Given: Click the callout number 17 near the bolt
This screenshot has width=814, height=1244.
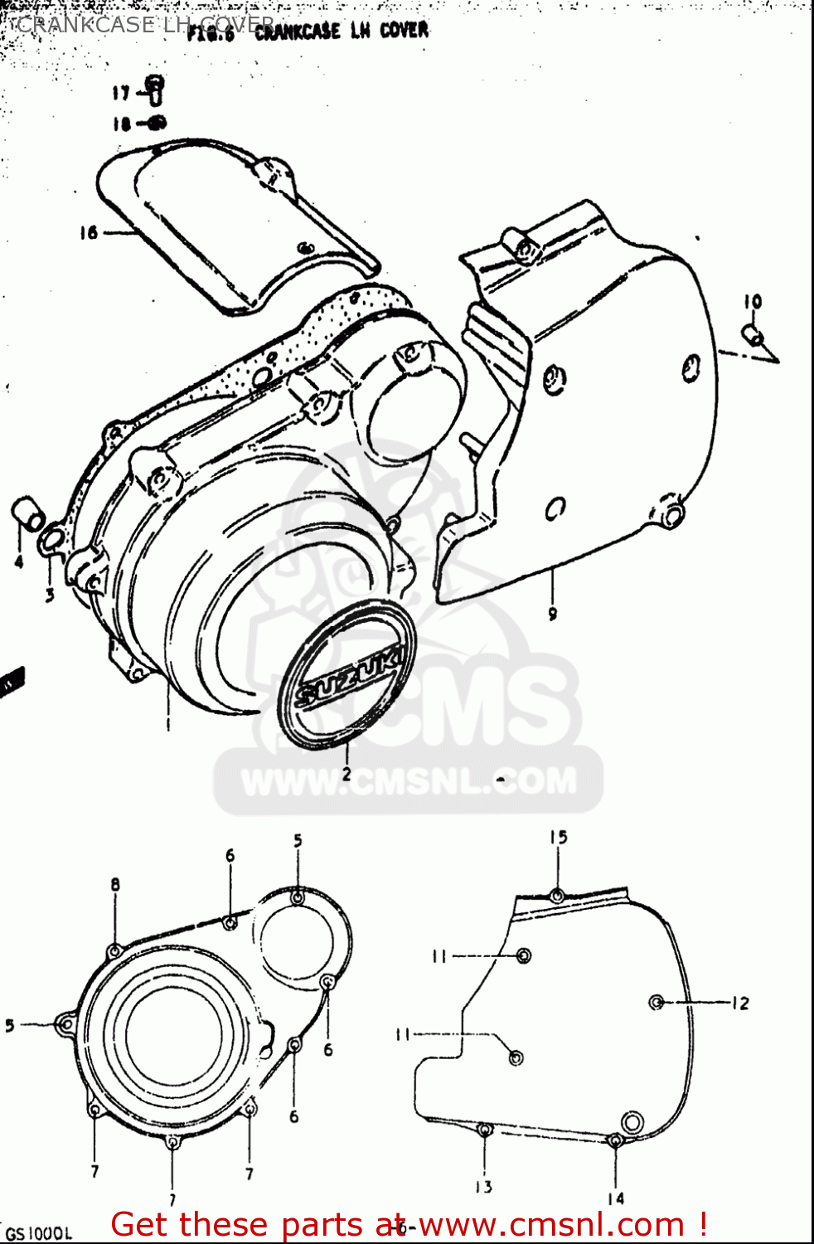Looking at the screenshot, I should pos(121,93).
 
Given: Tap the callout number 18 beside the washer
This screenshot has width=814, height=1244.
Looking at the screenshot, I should pos(121,124).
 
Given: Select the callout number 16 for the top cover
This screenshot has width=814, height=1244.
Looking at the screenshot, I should pos(89,233).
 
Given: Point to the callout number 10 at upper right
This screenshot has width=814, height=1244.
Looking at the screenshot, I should pos(752,302).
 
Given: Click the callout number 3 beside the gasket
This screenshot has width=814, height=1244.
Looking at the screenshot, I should pos(50,595).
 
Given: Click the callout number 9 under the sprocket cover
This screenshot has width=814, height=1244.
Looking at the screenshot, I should pos(552,614).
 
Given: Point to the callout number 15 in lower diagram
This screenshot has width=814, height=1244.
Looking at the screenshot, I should pos(558,838).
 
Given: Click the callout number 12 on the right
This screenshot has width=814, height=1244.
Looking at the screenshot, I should pos(739,1003).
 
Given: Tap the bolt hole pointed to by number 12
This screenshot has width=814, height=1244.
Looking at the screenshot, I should pos(657,1003).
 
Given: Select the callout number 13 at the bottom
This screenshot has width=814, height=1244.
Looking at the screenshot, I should pos(484,1187).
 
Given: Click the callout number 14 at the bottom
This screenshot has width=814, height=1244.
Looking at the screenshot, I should pos(615,1198).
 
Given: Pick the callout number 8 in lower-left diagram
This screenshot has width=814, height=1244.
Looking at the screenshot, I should pos(115,885).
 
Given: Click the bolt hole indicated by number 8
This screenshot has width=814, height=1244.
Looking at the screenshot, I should pos(114,950).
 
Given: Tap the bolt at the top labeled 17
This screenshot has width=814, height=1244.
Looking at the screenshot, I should pos(155,87).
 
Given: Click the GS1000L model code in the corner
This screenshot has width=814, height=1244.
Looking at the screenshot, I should pos(40,1233).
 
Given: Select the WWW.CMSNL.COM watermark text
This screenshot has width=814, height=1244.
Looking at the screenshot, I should pos(408,781).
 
